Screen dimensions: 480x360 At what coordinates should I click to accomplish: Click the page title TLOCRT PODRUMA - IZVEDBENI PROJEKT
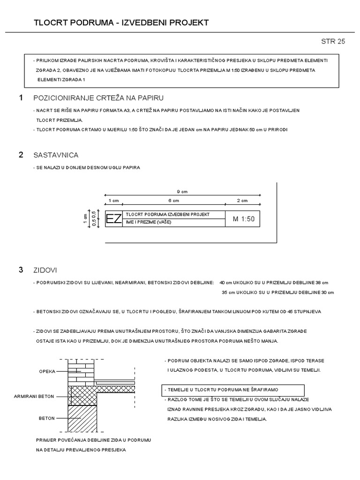pyautogui.click(x=121, y=22)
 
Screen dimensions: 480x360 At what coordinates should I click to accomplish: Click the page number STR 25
pyautogui.click(x=333, y=41)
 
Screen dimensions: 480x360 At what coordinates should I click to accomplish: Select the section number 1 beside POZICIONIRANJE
pyautogui.click(x=21, y=97)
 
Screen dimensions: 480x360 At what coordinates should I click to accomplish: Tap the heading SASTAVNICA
pyautogui.click(x=56, y=155)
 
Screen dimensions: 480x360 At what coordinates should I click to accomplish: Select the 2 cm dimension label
pyautogui.click(x=243, y=201)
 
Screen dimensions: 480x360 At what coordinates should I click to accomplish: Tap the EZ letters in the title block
pyautogui.click(x=114, y=219)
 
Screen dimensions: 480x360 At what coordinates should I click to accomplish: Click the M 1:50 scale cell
pyautogui.click(x=243, y=219)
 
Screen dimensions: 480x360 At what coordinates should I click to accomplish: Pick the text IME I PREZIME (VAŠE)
pyautogui.click(x=149, y=222)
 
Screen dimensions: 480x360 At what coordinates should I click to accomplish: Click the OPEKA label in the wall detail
pyautogui.click(x=47, y=371)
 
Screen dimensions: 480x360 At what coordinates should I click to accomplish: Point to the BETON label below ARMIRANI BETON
pyautogui.click(x=47, y=418)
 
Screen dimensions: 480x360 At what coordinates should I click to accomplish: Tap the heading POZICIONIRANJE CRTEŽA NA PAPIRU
pyautogui.click(x=98, y=97)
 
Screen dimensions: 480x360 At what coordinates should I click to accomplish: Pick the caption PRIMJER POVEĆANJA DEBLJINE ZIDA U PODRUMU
pyautogui.click(x=93, y=441)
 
